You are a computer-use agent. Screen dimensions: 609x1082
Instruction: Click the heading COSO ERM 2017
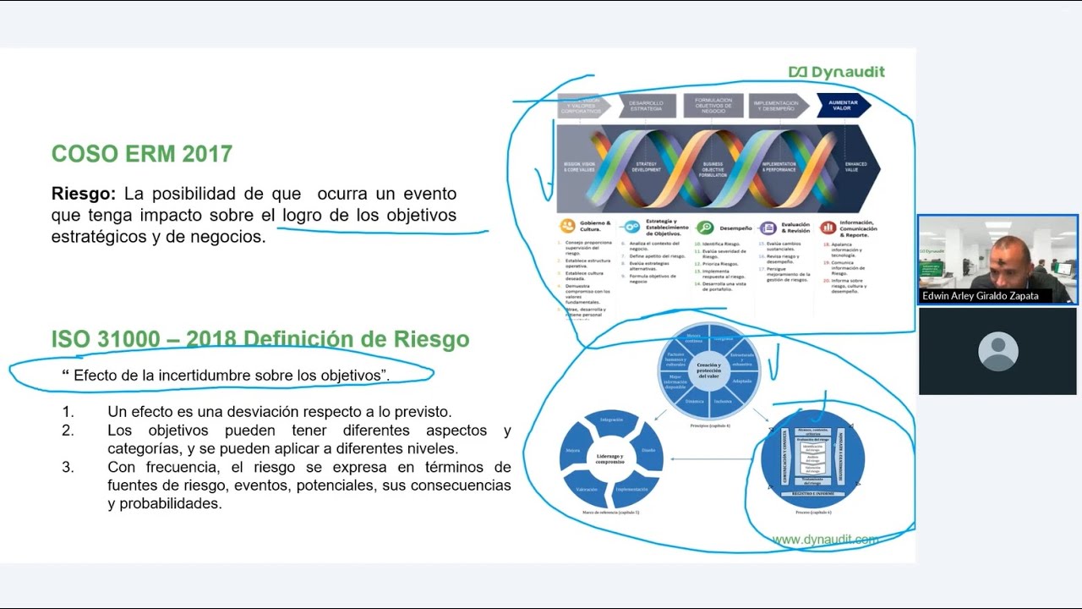click(x=141, y=154)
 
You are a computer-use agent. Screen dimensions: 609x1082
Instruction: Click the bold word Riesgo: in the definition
click(x=83, y=194)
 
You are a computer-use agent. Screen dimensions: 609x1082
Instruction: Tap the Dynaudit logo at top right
click(x=836, y=72)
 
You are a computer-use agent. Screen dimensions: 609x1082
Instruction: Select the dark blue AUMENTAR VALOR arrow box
click(x=843, y=106)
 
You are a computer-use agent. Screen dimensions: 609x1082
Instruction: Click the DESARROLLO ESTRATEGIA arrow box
click(x=647, y=106)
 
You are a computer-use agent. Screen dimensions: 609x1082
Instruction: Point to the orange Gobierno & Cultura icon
click(x=566, y=227)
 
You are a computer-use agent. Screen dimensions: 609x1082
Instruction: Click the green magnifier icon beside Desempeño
click(x=704, y=228)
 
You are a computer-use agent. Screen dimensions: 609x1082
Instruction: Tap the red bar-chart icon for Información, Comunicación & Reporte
click(x=828, y=228)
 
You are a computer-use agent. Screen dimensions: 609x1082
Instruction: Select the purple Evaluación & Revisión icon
click(x=768, y=228)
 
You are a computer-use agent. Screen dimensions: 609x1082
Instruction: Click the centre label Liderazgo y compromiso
click(x=610, y=459)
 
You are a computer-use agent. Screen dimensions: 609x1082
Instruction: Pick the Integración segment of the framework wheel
click(x=611, y=420)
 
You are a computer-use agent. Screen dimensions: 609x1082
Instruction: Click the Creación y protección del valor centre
click(x=709, y=370)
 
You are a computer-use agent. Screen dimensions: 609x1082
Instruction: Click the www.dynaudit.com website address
click(x=824, y=540)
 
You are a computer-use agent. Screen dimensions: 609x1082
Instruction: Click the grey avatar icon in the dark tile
click(x=997, y=351)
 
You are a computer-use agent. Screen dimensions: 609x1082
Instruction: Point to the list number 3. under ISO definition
click(x=68, y=467)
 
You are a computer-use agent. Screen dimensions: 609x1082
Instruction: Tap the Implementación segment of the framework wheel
click(x=631, y=490)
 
